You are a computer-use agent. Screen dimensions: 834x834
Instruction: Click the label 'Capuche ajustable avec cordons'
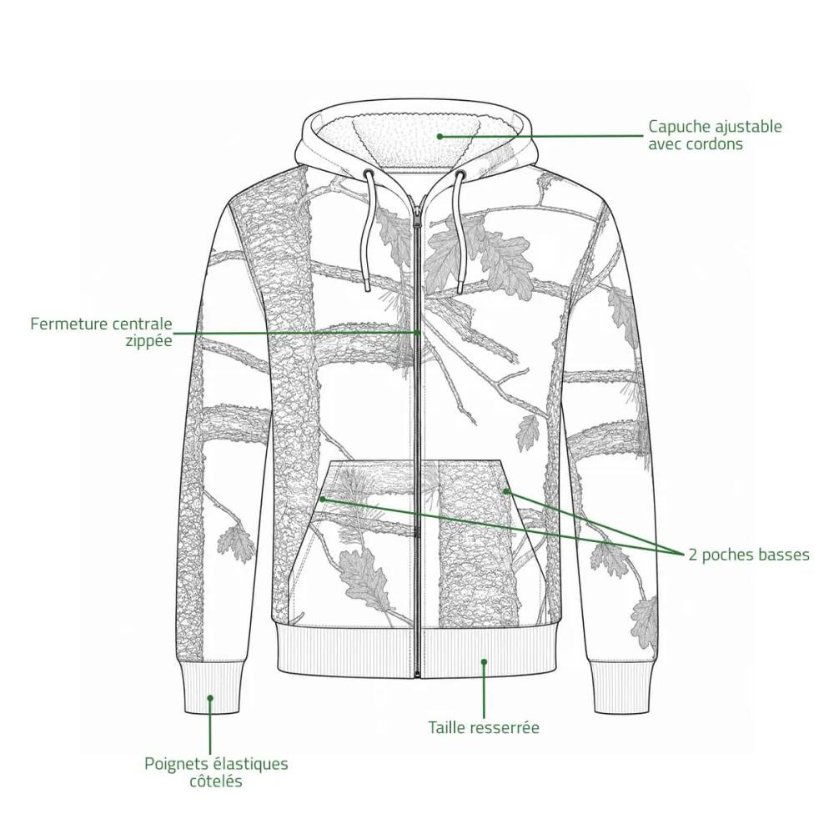point(715,135)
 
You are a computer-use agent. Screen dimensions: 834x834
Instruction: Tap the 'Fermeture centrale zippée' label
point(101,332)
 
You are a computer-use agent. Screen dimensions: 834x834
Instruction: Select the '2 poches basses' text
point(749,555)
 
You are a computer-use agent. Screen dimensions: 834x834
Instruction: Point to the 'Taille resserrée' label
point(484,727)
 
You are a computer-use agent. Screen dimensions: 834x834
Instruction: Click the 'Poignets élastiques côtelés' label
point(216,772)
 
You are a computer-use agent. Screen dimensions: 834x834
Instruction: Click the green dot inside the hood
point(440,136)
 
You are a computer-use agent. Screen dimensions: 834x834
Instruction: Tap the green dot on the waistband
point(484,661)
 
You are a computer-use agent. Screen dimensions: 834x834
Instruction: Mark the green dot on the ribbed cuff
point(211,697)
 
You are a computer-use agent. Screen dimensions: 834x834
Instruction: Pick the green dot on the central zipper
point(418,333)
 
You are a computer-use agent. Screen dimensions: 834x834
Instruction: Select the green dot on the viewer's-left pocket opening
point(323,499)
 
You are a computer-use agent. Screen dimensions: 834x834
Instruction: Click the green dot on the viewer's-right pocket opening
point(506,491)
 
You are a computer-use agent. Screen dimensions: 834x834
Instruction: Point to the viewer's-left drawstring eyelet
point(368,173)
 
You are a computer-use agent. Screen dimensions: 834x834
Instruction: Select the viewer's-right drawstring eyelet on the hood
point(460,174)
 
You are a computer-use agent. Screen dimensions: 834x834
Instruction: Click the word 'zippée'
point(149,341)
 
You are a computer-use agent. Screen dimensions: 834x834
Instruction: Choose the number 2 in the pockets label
point(692,555)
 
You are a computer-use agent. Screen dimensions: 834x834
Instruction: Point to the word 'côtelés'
point(216,781)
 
